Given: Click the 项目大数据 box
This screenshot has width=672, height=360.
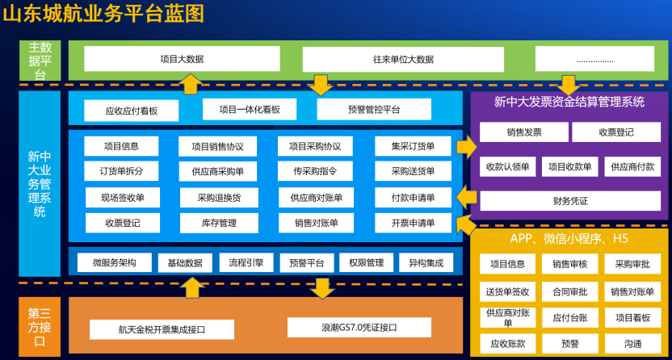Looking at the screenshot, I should pos(182,59).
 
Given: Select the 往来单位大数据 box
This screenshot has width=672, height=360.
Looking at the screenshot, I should pos(403,59).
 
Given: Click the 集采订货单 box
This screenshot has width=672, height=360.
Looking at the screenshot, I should pos(413,147).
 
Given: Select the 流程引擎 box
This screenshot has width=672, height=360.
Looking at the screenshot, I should pos(246,263).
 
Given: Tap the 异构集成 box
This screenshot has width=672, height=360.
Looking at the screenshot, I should pos(426,263).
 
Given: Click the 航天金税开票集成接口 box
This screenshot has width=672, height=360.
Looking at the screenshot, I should pos(161,329).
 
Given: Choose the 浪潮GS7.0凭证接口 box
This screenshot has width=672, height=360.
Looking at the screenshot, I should pos(354,328).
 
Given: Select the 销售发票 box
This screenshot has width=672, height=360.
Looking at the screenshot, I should pos(524,132).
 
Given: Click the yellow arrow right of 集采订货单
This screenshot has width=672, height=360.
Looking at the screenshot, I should pos(466,147).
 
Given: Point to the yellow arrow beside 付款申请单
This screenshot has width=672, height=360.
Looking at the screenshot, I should pos(466,197).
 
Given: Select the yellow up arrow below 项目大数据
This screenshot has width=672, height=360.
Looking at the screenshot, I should pos(191,84).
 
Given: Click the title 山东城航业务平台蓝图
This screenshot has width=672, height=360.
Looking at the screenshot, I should pos(104,13).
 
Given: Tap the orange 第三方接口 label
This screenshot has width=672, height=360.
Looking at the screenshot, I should pos(40,327).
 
